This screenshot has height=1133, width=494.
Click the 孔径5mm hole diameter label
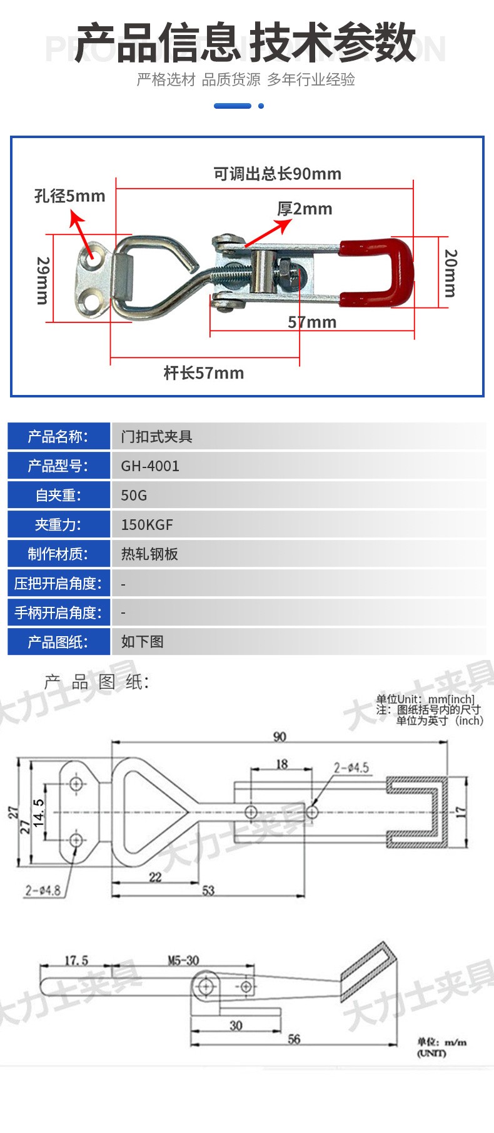click(69, 196)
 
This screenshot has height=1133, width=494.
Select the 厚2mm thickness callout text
click(305, 209)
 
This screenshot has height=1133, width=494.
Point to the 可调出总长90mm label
click(277, 174)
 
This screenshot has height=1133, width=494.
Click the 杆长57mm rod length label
click(204, 373)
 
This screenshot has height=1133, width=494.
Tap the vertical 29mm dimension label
click(42, 280)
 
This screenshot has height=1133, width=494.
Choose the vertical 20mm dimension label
click(450, 273)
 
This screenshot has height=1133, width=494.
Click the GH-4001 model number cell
click(150, 466)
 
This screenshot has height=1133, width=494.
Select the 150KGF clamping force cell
click(147, 525)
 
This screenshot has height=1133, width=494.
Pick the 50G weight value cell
click(134, 496)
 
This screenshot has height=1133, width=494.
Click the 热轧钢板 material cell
click(149, 554)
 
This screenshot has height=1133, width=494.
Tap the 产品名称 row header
click(58, 437)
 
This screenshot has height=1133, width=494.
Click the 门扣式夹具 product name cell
click(156, 437)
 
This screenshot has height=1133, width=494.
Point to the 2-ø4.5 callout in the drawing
click(351, 767)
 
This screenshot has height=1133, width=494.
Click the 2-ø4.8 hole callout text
click(43, 890)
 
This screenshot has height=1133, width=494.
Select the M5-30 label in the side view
click(183, 960)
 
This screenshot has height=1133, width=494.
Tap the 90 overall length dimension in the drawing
click(280, 737)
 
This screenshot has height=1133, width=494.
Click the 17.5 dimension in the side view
click(76, 960)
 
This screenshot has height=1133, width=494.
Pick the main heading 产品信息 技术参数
click(246, 42)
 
